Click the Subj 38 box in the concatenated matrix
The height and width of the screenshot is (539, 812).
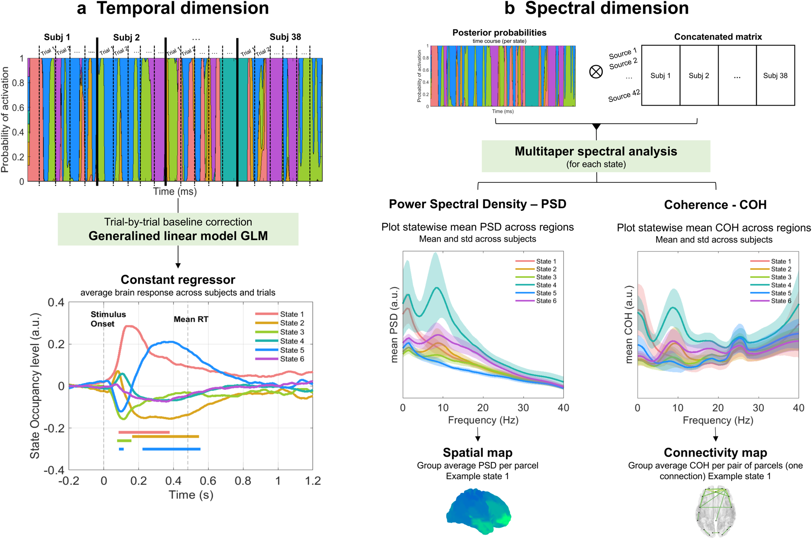[x=775, y=76]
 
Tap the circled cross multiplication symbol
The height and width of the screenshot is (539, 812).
[x=596, y=72]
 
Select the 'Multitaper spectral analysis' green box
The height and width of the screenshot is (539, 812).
[x=596, y=156]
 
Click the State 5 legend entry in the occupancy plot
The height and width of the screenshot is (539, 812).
[x=292, y=350]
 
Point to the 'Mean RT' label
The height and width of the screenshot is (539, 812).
[x=191, y=319]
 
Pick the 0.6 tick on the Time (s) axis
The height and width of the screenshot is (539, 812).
[x=208, y=481]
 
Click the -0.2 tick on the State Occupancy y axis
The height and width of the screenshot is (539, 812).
[x=56, y=429]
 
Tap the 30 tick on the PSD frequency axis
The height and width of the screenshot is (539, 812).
[x=523, y=408]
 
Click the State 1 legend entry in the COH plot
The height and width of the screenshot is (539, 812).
[x=781, y=261]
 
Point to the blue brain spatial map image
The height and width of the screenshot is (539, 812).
[x=478, y=512]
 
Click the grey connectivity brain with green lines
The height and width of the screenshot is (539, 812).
[x=715, y=513]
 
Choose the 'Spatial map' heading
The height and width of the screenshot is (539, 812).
[x=477, y=452]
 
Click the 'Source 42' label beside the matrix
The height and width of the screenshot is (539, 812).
[x=624, y=96]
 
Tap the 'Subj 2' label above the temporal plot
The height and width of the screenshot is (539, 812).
[x=126, y=37]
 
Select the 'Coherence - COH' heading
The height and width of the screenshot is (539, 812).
[x=715, y=205]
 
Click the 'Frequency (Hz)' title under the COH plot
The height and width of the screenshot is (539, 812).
[x=717, y=420]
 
